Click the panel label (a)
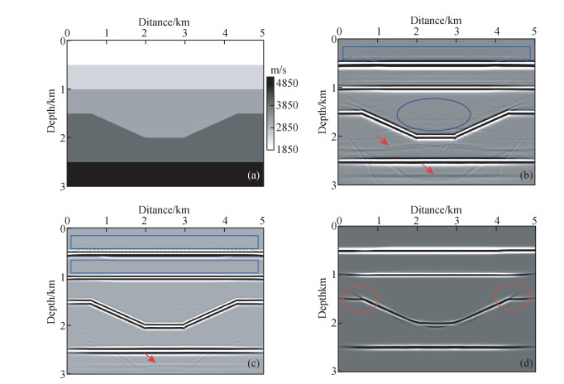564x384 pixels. [x=252, y=175]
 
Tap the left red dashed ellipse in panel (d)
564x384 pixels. [x=362, y=298]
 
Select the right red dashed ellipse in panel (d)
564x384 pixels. [x=514, y=298]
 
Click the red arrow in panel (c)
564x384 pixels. [x=150, y=358]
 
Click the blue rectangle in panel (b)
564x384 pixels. [x=436, y=53]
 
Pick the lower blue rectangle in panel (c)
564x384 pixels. [x=164, y=266]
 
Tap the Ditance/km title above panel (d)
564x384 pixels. [x=435, y=209]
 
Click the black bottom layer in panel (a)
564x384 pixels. [x=164, y=174]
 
